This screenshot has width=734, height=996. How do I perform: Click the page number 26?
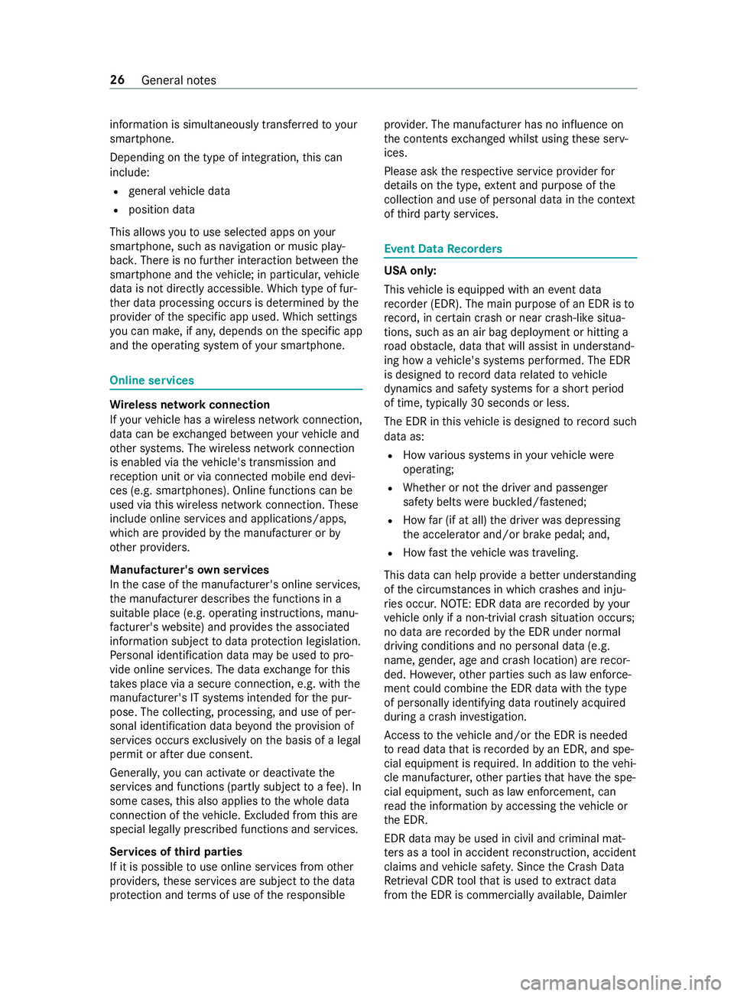pyautogui.click(x=117, y=80)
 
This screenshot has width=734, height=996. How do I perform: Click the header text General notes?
pyautogui.click(x=179, y=80)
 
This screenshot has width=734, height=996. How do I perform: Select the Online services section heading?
pyautogui.click(x=152, y=381)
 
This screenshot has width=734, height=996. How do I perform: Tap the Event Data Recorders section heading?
pyautogui.click(x=443, y=249)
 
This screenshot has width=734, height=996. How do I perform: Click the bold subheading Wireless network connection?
pyautogui.click(x=190, y=405)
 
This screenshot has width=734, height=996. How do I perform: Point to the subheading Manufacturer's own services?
pyautogui.click(x=190, y=570)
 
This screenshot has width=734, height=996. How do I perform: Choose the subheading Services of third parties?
pyautogui.click(x=176, y=852)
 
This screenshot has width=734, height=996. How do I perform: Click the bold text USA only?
pyautogui.click(x=411, y=271)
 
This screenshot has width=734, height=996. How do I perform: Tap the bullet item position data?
pyautogui.click(x=161, y=210)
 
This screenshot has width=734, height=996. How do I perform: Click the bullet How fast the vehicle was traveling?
pyautogui.click(x=490, y=552)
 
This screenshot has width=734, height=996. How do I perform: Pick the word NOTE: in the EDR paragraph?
pyautogui.click(x=454, y=604)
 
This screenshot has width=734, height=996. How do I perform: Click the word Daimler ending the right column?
pyautogui.click(x=608, y=895)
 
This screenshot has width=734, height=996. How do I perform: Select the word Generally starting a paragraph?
pyautogui.click(x=134, y=773)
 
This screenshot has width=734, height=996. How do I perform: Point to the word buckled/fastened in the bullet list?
pyautogui.click(x=539, y=502)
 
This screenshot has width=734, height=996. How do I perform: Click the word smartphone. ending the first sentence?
pyautogui.click(x=142, y=139)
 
